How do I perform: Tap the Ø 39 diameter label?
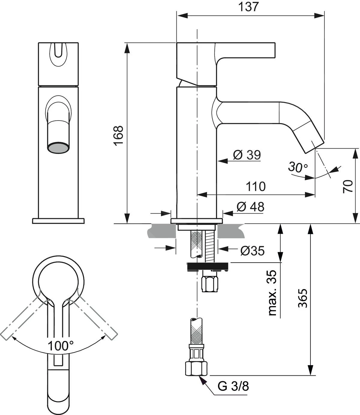(247, 155)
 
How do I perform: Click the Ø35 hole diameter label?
(252, 251)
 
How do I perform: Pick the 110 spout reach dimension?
(256, 186)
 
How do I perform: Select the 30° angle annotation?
(298, 167)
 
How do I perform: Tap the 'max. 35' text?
(272, 293)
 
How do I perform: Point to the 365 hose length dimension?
(303, 299)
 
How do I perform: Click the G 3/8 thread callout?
(233, 387)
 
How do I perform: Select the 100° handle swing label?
(61, 346)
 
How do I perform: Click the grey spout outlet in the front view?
(59, 148)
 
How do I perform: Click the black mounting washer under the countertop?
(208, 266)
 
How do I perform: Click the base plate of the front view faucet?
(58, 221)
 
